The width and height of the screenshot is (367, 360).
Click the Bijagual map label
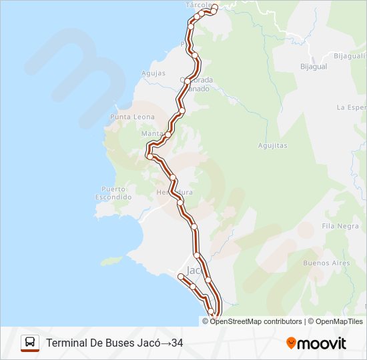(x=313, y=67)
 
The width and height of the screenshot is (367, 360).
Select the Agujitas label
(x=272, y=145)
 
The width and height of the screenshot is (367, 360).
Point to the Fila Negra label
(x=340, y=226)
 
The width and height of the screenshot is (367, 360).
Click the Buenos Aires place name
(x=326, y=263)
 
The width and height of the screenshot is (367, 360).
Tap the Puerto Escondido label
(x=113, y=193)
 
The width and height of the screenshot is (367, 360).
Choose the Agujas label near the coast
(x=153, y=73)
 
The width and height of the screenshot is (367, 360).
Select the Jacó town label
(x=194, y=271)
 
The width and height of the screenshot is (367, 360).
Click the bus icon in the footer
(x=30, y=343)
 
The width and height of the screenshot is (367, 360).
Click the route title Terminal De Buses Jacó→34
(x=114, y=343)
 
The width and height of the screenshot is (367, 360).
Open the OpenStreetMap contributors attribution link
(x=256, y=321)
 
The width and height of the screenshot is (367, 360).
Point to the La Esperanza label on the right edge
(x=352, y=107)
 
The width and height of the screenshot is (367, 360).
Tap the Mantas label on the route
(x=152, y=133)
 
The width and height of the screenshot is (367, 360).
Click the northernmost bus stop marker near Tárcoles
(x=215, y=9)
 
